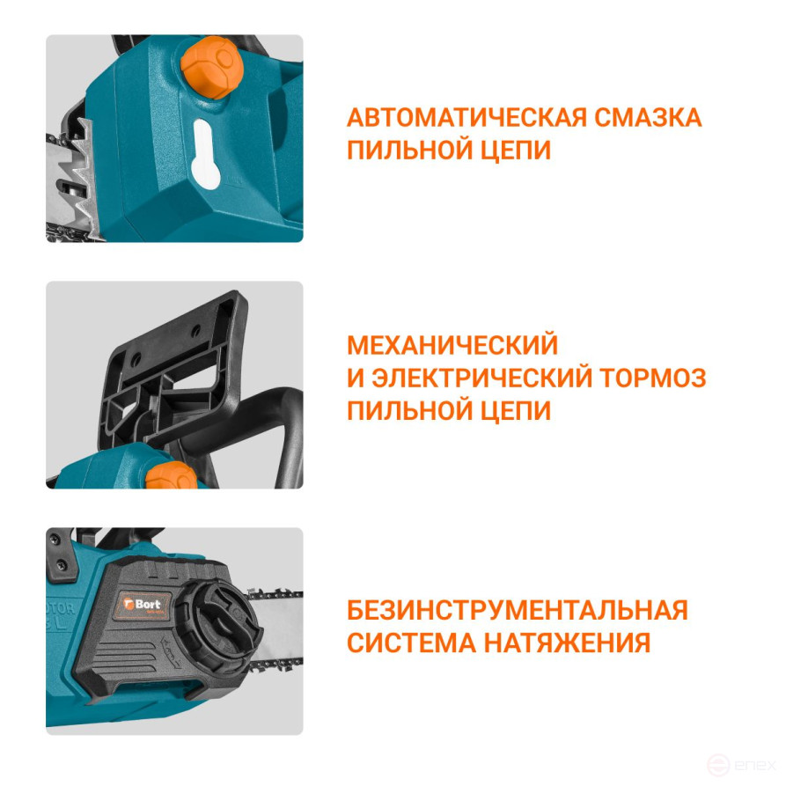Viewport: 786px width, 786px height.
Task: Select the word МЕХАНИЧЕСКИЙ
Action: tap(452, 344)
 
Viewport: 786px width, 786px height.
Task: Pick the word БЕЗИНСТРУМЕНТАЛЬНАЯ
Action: tap(518, 610)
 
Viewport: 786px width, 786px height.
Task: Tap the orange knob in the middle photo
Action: tap(173, 476)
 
